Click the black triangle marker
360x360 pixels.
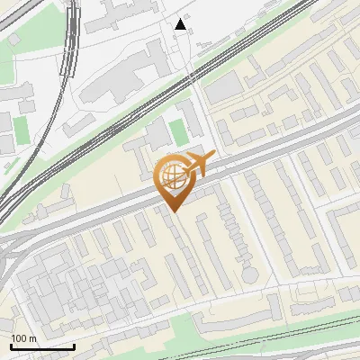pos(181,24)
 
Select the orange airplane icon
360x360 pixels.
pos(198,164)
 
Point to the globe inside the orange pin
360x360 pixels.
pos(170,174)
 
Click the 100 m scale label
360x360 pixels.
pos(23,337)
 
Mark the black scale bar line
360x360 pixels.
pos(42,346)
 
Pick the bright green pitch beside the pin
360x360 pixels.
pos(179,132)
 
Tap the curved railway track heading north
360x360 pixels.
pos(69,54)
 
